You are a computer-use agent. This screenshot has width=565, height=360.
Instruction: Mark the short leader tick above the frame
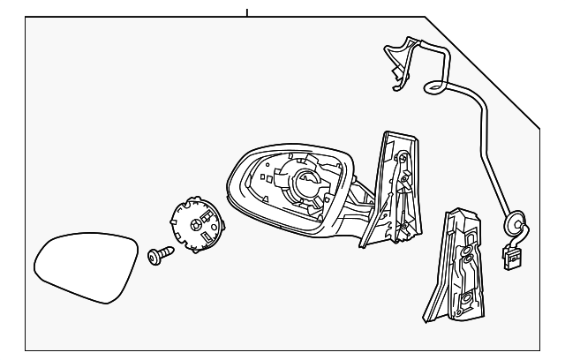pyautogui.click(x=247, y=11)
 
